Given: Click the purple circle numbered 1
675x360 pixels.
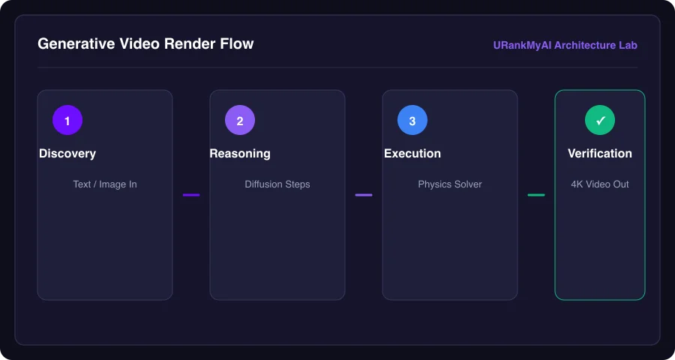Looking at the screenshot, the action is pyautogui.click(x=67, y=120).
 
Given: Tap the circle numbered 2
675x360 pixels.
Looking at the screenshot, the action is pyautogui.click(x=240, y=120).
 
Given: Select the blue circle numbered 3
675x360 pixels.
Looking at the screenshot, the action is pyautogui.click(x=412, y=120).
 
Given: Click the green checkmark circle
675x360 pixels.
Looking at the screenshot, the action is pyautogui.click(x=600, y=120).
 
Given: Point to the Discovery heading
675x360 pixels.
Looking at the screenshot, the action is pyautogui.click(x=67, y=154).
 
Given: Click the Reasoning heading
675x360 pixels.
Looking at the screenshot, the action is pyautogui.click(x=240, y=154).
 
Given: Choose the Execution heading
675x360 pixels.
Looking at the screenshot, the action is pyautogui.click(x=412, y=154).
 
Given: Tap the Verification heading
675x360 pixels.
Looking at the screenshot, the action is pyautogui.click(x=600, y=154).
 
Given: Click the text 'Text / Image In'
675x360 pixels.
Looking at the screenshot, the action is pyautogui.click(x=105, y=184).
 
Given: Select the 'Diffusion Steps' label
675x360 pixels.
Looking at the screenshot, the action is pyautogui.click(x=277, y=184).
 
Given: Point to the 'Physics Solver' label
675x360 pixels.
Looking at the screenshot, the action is pyautogui.click(x=450, y=184).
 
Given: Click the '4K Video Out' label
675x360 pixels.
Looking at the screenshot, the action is pyautogui.click(x=600, y=184).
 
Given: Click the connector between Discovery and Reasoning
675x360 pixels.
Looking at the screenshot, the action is pyautogui.click(x=191, y=195).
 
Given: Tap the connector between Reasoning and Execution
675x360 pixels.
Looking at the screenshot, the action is pyautogui.click(x=364, y=195).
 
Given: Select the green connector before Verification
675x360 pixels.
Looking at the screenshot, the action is pyautogui.click(x=536, y=195).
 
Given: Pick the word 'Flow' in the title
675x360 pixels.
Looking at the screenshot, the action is pyautogui.click(x=239, y=44).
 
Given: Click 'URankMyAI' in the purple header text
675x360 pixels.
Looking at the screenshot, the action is pyautogui.click(x=522, y=45).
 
